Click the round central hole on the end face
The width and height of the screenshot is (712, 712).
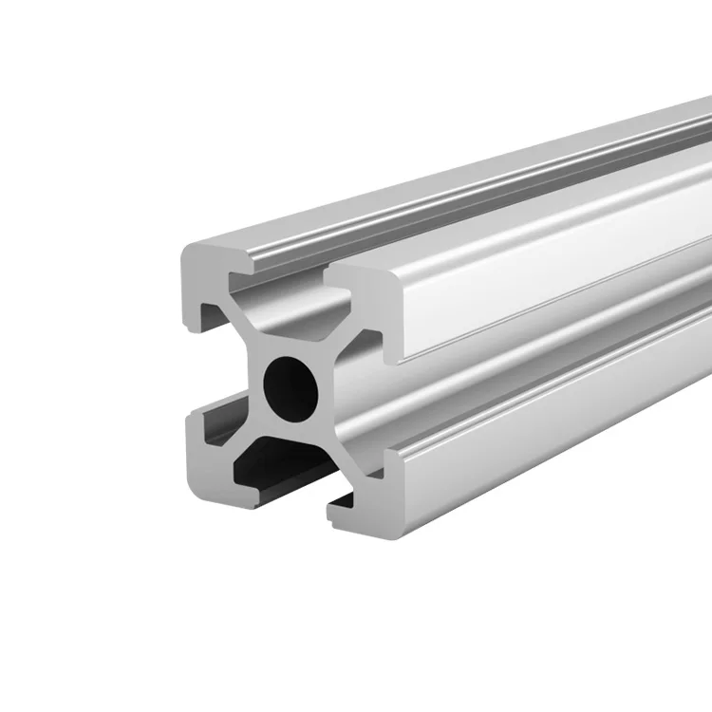(x=290, y=386)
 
